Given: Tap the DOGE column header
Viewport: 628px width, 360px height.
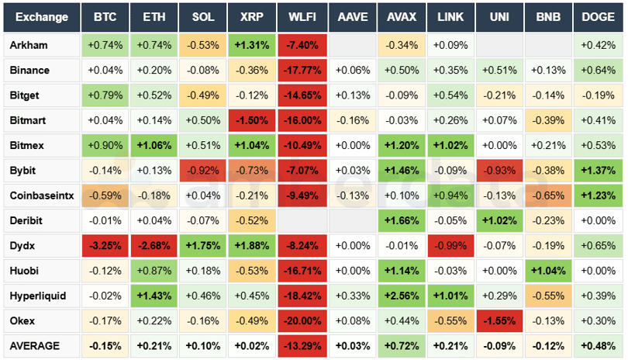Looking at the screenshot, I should [x=599, y=17].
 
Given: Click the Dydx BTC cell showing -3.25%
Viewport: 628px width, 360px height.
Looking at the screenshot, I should [x=105, y=245].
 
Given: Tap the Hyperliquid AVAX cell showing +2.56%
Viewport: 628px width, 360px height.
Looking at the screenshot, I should [x=402, y=296].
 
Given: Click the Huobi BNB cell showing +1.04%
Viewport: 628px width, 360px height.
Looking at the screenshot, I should [x=549, y=270].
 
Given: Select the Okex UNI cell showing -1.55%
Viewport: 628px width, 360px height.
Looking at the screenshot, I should [x=500, y=320].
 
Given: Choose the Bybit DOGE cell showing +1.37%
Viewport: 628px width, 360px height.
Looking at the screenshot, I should [x=599, y=170].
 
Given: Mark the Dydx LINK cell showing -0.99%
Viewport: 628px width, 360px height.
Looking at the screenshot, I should [x=450, y=245].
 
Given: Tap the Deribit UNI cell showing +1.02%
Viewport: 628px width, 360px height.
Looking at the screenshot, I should [x=500, y=220].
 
